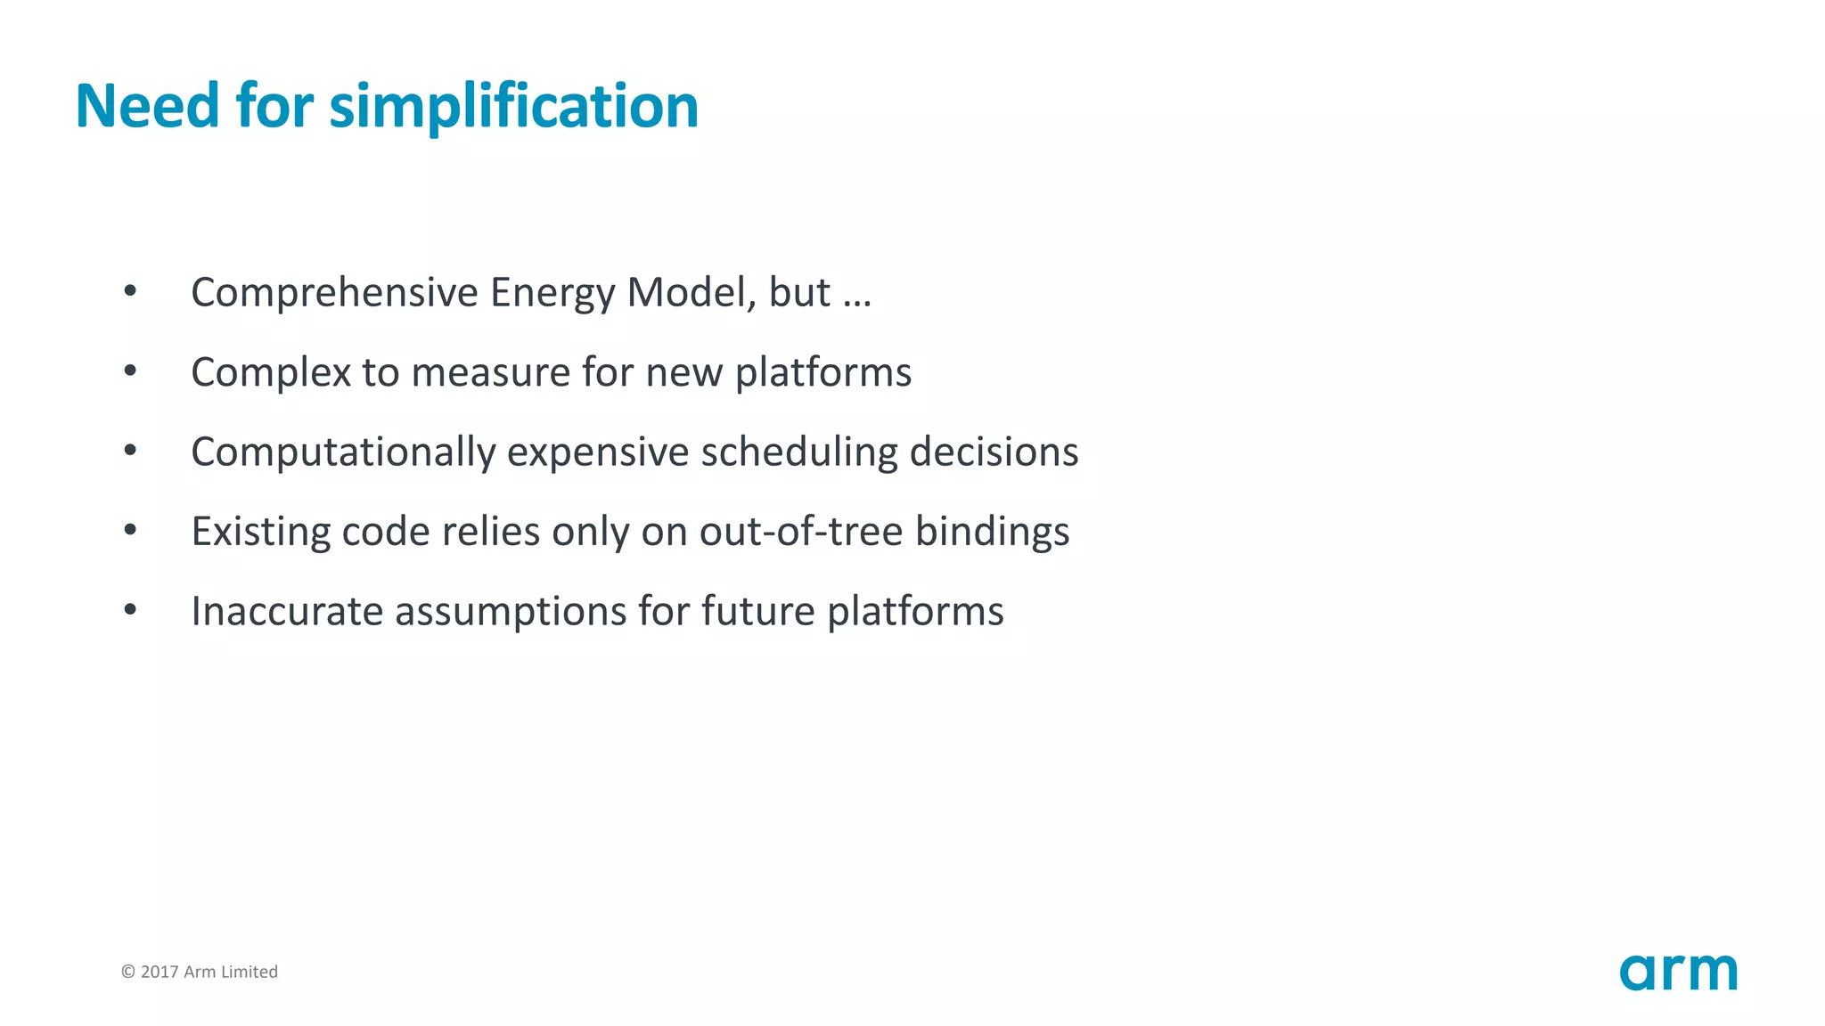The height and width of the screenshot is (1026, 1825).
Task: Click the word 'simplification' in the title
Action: point(513,107)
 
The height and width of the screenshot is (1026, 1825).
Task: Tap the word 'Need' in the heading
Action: point(147,106)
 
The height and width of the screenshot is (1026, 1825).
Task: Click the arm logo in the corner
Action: point(1678,972)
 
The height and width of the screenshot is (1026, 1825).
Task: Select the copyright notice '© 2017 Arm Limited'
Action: point(200,972)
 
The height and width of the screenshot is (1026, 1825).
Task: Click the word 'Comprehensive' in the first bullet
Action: point(335,293)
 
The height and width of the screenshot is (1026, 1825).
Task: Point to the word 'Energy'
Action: point(552,292)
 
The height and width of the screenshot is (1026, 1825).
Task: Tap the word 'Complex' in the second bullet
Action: point(271,372)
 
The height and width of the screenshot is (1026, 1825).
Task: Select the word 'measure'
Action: point(490,372)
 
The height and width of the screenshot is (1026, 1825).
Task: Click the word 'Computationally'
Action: point(343,452)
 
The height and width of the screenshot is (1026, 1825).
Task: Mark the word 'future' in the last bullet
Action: point(758,611)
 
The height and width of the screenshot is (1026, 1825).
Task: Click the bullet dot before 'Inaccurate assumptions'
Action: point(130,610)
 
